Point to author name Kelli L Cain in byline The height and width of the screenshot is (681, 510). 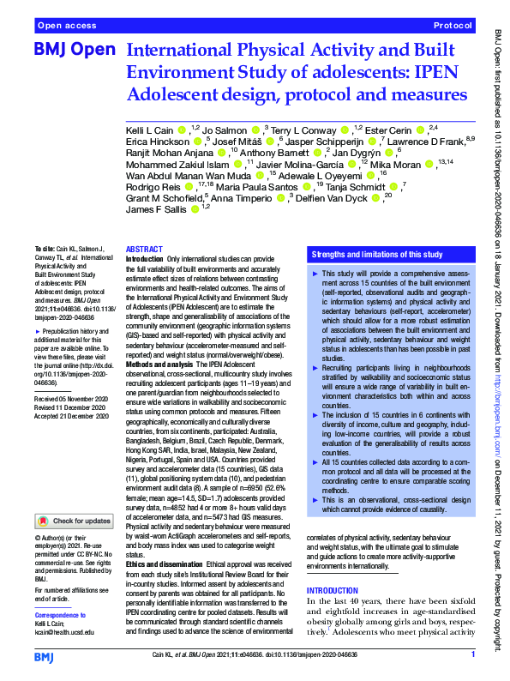(x=150, y=130)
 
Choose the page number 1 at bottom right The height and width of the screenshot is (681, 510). (x=473, y=654)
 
